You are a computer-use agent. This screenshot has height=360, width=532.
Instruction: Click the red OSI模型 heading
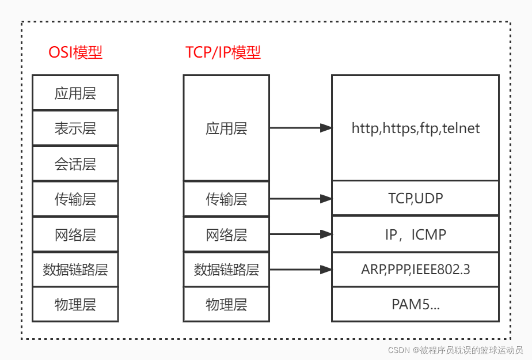click(x=75, y=52)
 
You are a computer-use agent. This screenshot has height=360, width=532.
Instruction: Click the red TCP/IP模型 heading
click(x=223, y=52)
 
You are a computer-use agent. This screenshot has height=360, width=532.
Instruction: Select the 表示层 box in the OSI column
click(x=75, y=128)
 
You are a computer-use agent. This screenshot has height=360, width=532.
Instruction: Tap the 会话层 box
click(x=75, y=164)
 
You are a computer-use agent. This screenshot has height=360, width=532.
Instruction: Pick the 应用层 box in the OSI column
click(x=75, y=92)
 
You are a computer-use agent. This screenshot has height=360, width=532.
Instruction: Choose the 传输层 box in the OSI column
click(x=75, y=199)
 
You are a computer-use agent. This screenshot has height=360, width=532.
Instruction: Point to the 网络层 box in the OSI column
click(x=75, y=234)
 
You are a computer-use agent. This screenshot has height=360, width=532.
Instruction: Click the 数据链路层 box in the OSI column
click(x=75, y=269)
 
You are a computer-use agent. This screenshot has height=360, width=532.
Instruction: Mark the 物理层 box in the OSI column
click(x=75, y=304)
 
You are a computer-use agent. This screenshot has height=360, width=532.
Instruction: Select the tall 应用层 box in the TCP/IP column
click(x=226, y=128)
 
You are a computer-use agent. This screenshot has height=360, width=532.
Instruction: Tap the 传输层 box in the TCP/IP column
click(x=226, y=199)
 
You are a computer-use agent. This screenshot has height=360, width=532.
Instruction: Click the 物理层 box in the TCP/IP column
click(x=226, y=304)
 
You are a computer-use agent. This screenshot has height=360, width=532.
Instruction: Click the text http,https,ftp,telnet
click(x=415, y=128)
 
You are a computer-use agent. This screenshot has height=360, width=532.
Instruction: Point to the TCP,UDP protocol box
click(x=415, y=199)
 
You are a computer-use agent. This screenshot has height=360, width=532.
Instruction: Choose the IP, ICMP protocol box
click(x=415, y=234)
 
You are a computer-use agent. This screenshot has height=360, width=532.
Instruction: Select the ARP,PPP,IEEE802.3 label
click(x=415, y=269)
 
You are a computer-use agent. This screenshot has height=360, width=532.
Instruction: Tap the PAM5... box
click(x=415, y=304)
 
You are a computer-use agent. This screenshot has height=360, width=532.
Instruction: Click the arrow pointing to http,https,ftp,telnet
click(x=301, y=128)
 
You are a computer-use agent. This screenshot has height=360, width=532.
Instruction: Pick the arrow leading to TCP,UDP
click(x=301, y=199)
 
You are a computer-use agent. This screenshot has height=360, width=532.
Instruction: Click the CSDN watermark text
click(x=455, y=350)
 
